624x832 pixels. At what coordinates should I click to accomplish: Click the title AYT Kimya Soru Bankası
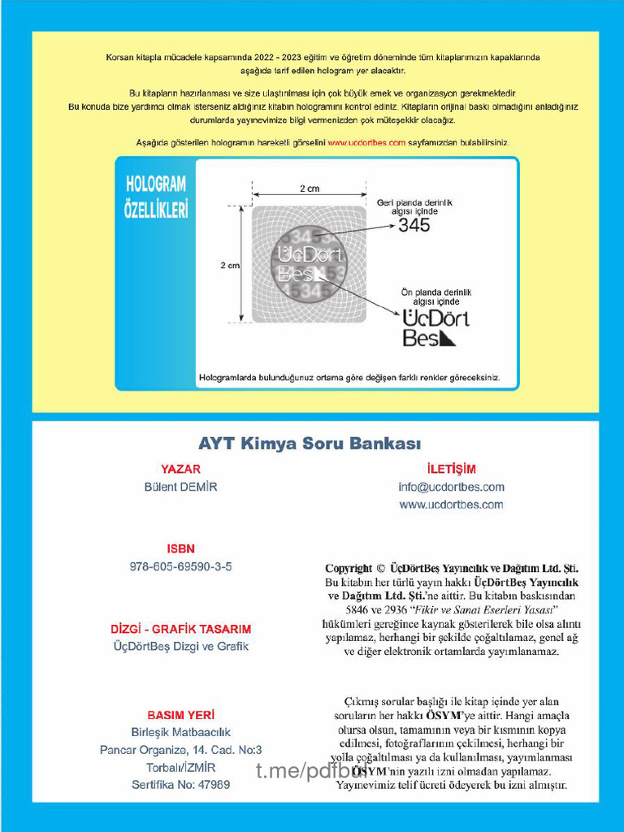click(x=310, y=444)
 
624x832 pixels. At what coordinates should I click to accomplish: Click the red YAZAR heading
click(x=180, y=469)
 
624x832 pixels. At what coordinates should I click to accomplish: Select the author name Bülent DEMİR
click(x=180, y=487)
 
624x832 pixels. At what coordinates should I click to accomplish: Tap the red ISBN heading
click(x=180, y=548)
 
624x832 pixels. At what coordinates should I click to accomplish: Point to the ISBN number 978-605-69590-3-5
click(x=180, y=566)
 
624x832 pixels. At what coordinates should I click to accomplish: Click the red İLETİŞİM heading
click(x=451, y=469)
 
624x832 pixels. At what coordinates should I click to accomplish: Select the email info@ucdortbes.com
click(x=451, y=487)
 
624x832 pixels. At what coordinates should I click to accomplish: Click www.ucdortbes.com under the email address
click(x=451, y=505)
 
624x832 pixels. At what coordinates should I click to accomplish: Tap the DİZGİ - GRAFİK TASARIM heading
click(x=180, y=629)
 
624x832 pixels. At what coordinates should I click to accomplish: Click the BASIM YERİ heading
click(x=180, y=715)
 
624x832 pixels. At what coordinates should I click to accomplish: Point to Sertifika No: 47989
click(x=180, y=785)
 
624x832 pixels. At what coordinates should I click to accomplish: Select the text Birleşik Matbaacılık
click(x=180, y=732)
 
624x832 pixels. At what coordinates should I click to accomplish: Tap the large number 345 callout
click(x=414, y=226)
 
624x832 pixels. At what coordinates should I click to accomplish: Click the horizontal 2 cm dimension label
click(x=309, y=188)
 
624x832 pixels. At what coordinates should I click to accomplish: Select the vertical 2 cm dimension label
click(x=230, y=265)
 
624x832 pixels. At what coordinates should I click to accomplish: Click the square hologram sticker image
click(x=309, y=264)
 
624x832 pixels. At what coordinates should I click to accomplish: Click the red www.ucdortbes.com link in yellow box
click(x=366, y=142)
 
